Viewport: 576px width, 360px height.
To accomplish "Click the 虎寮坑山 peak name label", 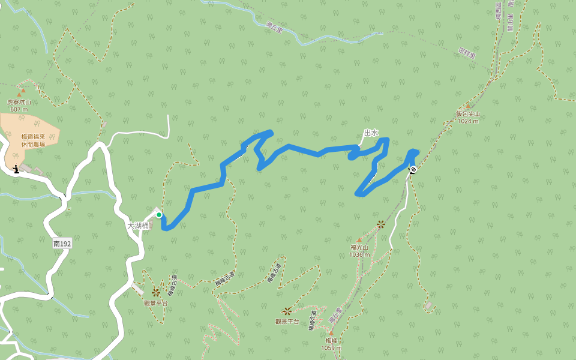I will (x=19, y=102).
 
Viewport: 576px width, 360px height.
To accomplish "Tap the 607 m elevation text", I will (x=19, y=109).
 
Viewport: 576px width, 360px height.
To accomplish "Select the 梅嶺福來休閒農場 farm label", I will (x=33, y=140).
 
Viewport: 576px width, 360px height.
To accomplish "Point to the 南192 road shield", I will (x=62, y=244).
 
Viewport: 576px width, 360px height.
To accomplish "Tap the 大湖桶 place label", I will (x=137, y=226).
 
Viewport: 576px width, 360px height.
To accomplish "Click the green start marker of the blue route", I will (x=159, y=215).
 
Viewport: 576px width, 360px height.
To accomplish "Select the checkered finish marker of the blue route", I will (x=413, y=169).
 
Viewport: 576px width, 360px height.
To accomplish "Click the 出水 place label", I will (x=371, y=133).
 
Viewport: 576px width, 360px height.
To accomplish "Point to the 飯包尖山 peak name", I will (x=468, y=114).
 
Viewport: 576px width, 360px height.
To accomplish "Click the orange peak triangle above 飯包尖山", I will (x=468, y=106).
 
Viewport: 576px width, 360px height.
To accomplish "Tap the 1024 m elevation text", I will (x=468, y=121).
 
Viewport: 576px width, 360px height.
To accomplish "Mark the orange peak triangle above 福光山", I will (x=359, y=240).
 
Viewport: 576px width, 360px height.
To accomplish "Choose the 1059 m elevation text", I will (x=331, y=348).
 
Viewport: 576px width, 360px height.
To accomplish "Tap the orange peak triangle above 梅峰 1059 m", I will (x=331, y=332).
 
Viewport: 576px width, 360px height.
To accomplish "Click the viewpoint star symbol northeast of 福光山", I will (x=380, y=224).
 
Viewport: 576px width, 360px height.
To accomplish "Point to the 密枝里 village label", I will (x=466, y=52).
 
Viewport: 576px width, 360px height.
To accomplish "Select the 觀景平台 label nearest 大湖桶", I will (x=155, y=302).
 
